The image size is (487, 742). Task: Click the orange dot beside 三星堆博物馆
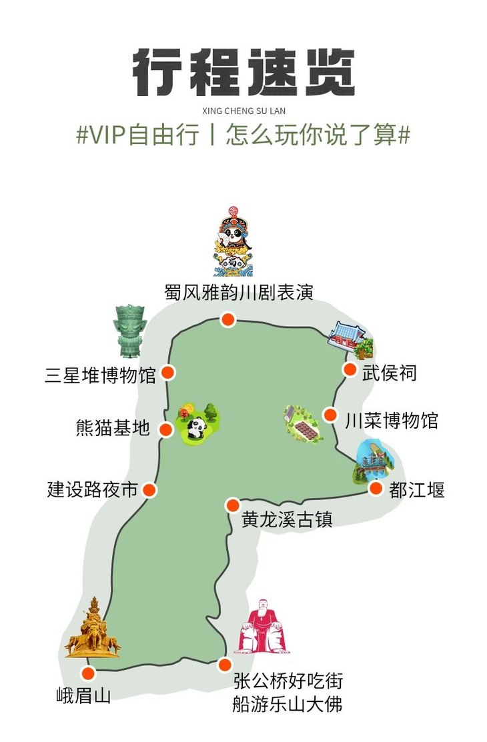[x=169, y=373]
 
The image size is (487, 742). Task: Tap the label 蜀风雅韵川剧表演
[x=239, y=293]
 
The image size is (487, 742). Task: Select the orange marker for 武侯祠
[x=350, y=369]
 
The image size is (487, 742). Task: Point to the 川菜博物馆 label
[x=392, y=421]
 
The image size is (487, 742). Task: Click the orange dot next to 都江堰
[x=376, y=489]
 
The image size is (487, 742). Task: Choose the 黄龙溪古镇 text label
[x=287, y=519]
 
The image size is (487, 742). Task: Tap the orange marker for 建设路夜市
[x=149, y=490]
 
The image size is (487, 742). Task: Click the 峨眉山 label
[x=83, y=697]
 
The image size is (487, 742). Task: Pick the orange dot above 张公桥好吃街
[x=225, y=665]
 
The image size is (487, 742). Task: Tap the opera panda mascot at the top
[x=233, y=241]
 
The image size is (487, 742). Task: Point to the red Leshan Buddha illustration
[x=262, y=627]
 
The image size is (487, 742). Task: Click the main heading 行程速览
[x=243, y=73]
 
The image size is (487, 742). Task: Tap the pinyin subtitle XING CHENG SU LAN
[x=243, y=111]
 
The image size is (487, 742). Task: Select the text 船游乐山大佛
[x=288, y=704]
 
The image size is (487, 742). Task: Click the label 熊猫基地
[x=113, y=428]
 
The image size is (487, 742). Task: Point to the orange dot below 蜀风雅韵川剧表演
[x=228, y=320]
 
